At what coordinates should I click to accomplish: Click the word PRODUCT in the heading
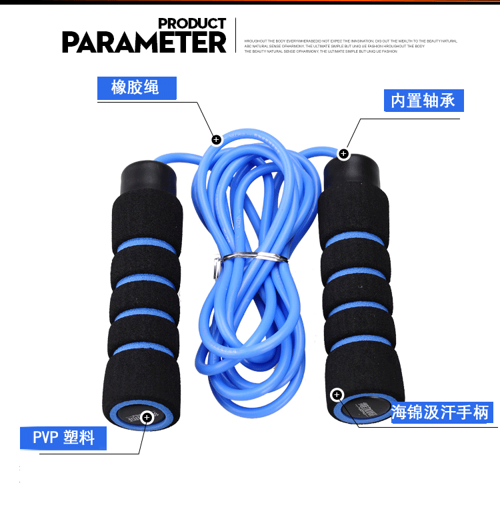tap(191, 23)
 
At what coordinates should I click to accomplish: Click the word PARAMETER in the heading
tap(144, 42)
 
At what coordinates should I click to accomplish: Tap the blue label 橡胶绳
tap(136, 87)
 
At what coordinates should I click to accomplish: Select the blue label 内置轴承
tap(423, 101)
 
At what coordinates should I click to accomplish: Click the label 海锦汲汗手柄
tap(441, 412)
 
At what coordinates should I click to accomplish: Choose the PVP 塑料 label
tap(63, 438)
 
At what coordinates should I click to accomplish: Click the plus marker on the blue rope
tap(216, 139)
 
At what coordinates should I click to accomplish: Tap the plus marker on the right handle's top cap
tap(343, 154)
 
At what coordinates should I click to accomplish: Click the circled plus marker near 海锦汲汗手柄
tap(337, 395)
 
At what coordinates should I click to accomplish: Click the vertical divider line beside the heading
tap(236, 35)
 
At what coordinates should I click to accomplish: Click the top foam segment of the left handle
tap(146, 220)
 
